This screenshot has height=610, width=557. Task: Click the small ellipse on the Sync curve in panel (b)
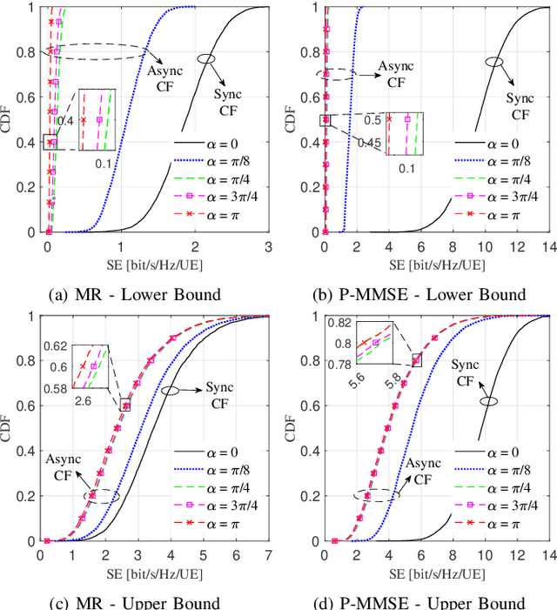click(x=493, y=61)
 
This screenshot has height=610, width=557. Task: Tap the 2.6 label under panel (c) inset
click(x=84, y=399)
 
